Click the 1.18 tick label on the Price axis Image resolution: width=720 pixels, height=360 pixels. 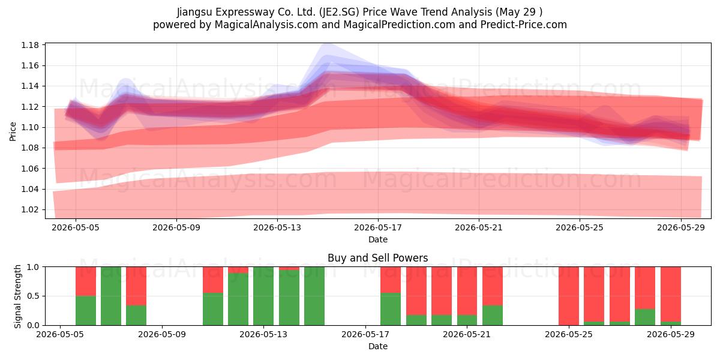(x=29, y=45)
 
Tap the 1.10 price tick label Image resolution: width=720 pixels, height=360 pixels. (x=29, y=127)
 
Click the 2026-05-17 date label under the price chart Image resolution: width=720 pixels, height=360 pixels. (x=377, y=227)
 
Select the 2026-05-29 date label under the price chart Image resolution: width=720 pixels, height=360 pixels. (x=681, y=227)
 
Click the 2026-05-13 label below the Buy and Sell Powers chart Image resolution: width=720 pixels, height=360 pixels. (x=263, y=334)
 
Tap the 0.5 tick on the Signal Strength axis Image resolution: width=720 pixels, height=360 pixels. (x=34, y=296)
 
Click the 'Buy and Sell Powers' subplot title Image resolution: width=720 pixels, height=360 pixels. (x=377, y=258)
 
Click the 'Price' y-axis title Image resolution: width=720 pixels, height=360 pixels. (x=13, y=131)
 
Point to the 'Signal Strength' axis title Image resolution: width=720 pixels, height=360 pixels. (x=17, y=296)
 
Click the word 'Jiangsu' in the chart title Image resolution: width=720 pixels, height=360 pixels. (x=194, y=12)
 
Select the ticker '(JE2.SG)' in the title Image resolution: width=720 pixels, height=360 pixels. (x=339, y=12)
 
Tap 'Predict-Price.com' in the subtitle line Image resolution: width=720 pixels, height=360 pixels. (x=524, y=25)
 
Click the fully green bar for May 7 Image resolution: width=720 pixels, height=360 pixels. (x=111, y=296)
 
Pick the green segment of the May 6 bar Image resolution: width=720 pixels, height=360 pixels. (x=86, y=311)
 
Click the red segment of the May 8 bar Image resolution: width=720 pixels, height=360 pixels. (x=136, y=286)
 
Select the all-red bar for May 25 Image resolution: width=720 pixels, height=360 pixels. (x=569, y=296)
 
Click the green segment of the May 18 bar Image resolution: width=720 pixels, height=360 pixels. (x=391, y=309)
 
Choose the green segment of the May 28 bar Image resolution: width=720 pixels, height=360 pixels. (x=645, y=317)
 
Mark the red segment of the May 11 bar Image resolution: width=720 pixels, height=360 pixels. (x=213, y=280)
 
